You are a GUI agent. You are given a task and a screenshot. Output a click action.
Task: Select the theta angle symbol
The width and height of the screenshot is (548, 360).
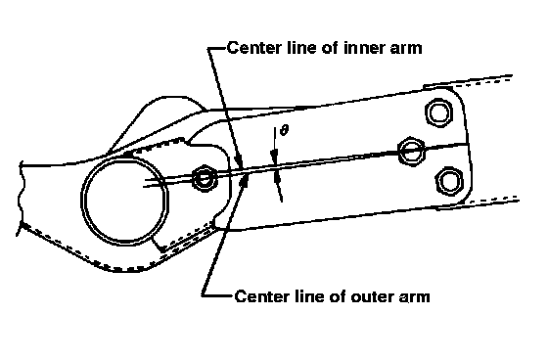click(x=285, y=130)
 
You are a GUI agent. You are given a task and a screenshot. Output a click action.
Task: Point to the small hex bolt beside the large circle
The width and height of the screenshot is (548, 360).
click(x=204, y=178)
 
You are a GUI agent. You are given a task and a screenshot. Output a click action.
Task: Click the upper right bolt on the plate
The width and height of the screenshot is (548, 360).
click(x=439, y=112)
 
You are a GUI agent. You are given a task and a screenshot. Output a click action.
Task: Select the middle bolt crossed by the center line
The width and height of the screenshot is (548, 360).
click(x=412, y=152)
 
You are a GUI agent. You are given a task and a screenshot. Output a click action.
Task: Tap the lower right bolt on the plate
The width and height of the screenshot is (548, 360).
click(x=449, y=181)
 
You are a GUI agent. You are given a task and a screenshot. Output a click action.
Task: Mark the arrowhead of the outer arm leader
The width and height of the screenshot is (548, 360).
click(x=245, y=179)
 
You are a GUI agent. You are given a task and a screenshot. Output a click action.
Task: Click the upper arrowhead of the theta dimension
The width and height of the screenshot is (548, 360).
click(x=275, y=157)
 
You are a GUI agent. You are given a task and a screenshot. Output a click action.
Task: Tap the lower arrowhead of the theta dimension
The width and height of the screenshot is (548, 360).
click(x=278, y=177)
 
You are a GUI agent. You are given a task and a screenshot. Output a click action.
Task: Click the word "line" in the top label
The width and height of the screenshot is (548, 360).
click(x=301, y=48)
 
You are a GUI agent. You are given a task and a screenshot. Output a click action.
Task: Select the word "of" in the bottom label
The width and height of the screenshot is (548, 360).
click(x=338, y=296)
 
